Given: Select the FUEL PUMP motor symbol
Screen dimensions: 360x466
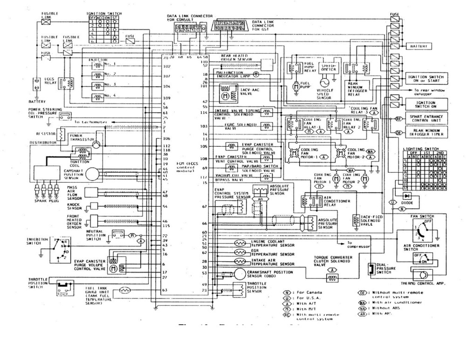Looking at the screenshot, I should coord(294,86).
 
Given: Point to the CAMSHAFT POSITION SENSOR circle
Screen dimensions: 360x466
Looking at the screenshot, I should coord(93,173).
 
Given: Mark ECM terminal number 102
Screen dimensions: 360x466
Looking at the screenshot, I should coord(165,67).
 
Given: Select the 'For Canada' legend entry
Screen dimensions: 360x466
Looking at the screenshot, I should coord(302,292).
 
